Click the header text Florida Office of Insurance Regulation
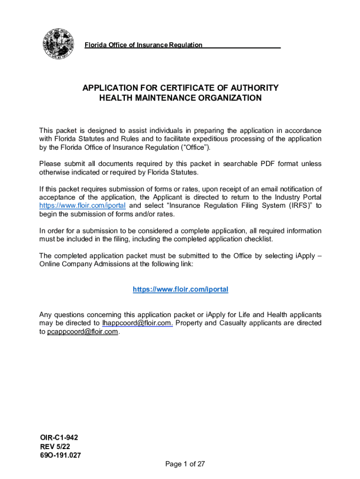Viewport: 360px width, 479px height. point(143,45)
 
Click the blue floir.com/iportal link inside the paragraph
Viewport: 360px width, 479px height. point(82,206)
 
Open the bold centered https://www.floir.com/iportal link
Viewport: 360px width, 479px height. point(180,290)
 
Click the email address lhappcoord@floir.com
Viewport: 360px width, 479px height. point(137,323)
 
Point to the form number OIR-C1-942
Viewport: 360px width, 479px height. point(59,437)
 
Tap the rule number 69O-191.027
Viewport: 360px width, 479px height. point(60,455)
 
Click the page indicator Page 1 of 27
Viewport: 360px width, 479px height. point(185,464)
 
